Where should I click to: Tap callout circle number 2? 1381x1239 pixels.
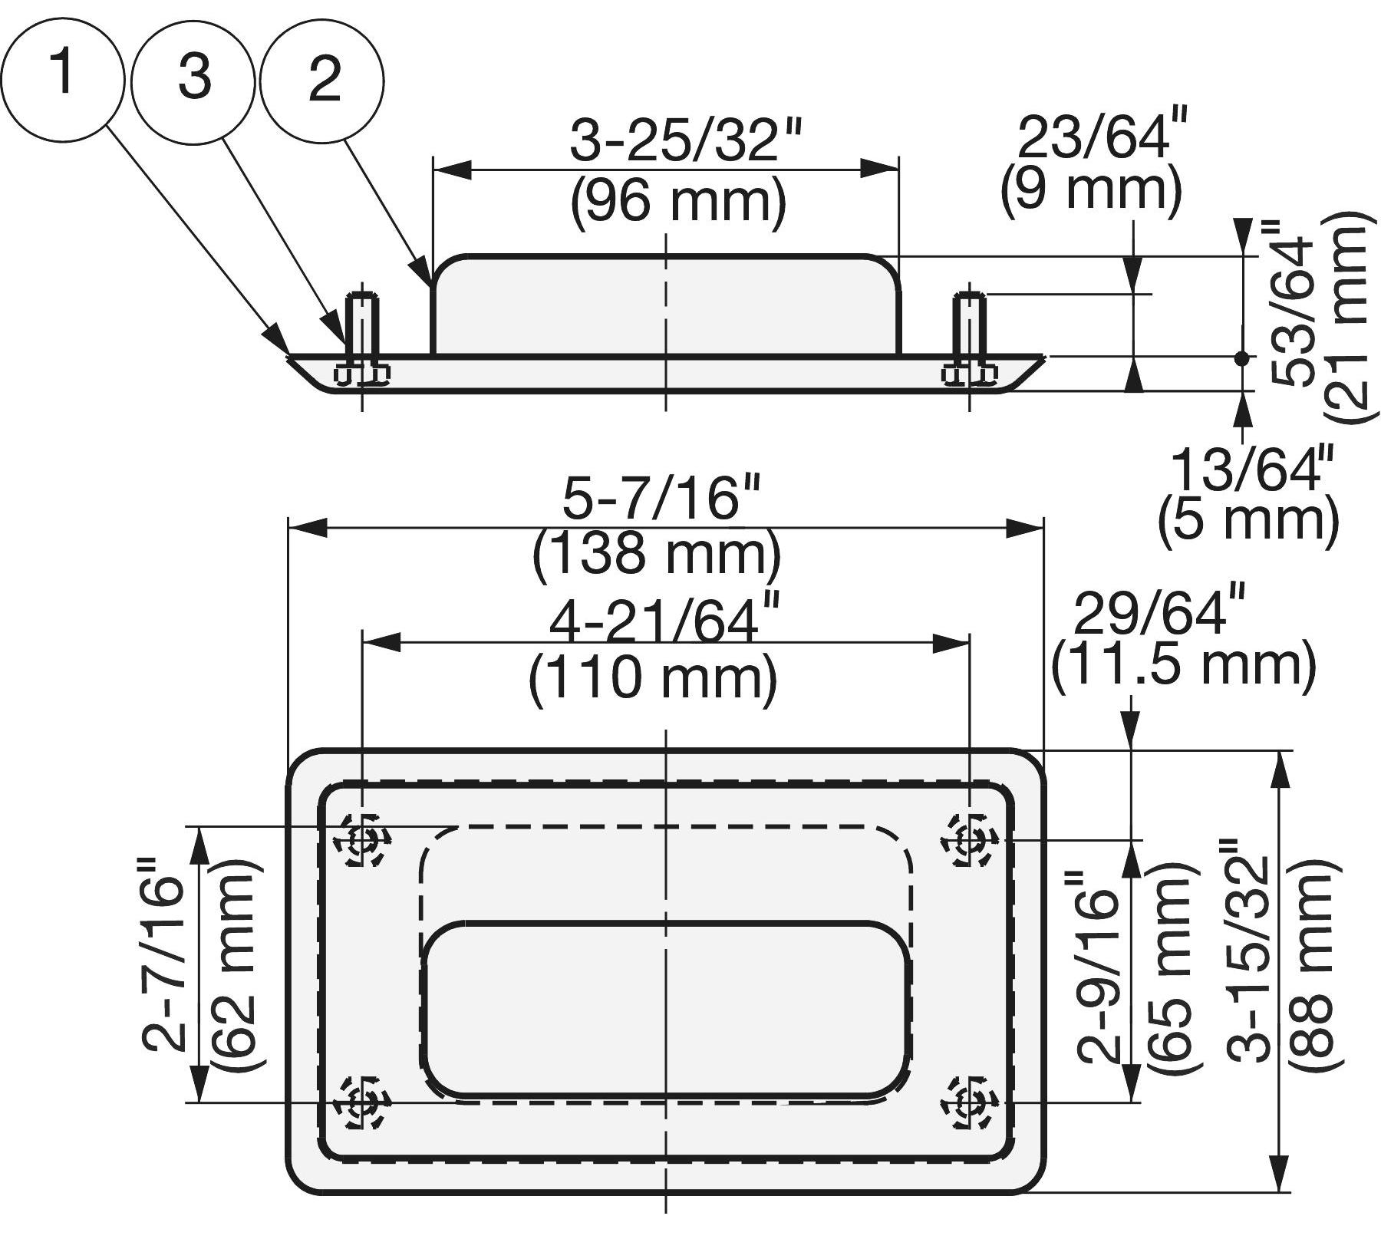click(x=322, y=81)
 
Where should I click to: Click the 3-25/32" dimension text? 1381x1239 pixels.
click(x=685, y=142)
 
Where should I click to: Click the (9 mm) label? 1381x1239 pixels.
click(x=1091, y=189)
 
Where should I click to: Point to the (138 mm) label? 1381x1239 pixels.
click(x=657, y=554)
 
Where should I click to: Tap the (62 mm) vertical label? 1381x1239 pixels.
click(x=236, y=967)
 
